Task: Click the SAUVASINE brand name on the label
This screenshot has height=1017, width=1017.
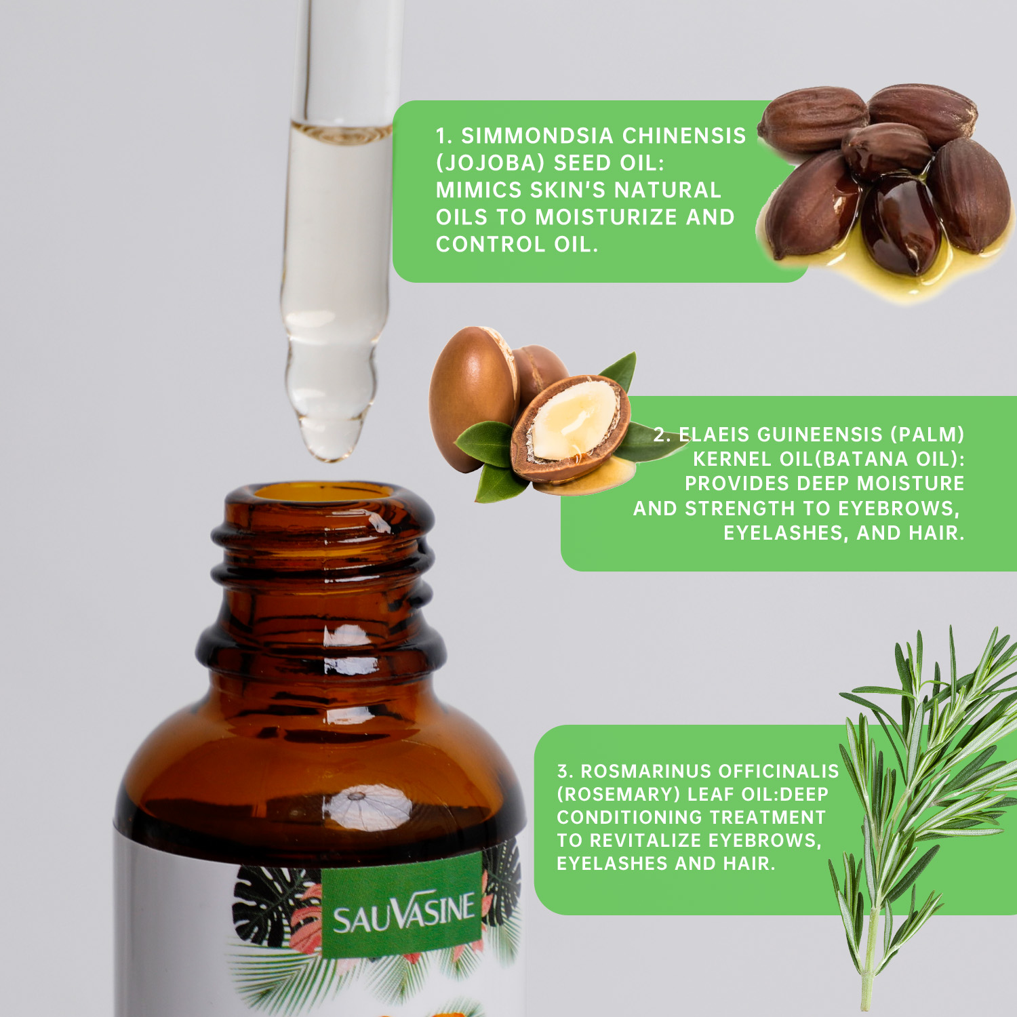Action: tap(403, 912)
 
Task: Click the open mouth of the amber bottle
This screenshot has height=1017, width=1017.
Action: tap(324, 493)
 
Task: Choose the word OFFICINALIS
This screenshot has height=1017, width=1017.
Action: tap(778, 772)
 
